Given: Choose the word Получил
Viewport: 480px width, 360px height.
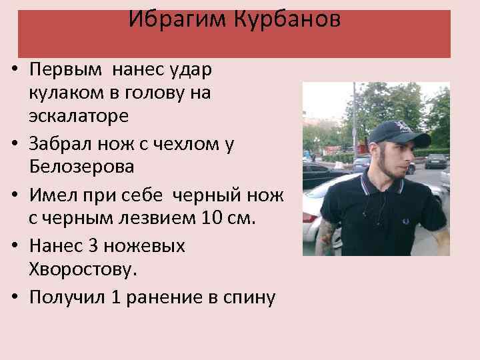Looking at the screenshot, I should click(66, 298).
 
